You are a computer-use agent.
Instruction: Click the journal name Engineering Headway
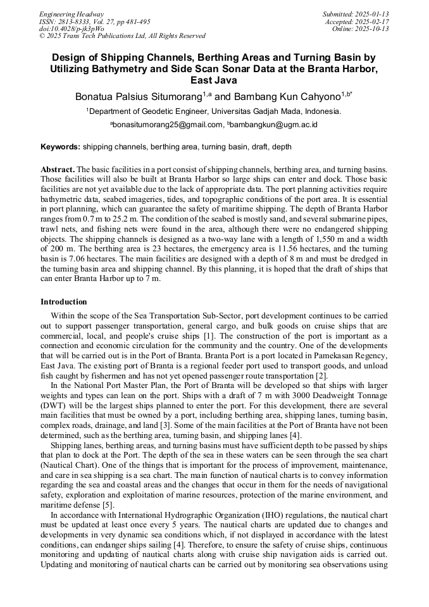click(71, 14)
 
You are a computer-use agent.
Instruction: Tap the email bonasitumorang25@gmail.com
click(168, 125)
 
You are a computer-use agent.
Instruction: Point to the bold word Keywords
click(60, 147)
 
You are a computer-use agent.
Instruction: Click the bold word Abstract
click(58, 170)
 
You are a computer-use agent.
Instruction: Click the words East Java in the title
click(213, 80)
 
